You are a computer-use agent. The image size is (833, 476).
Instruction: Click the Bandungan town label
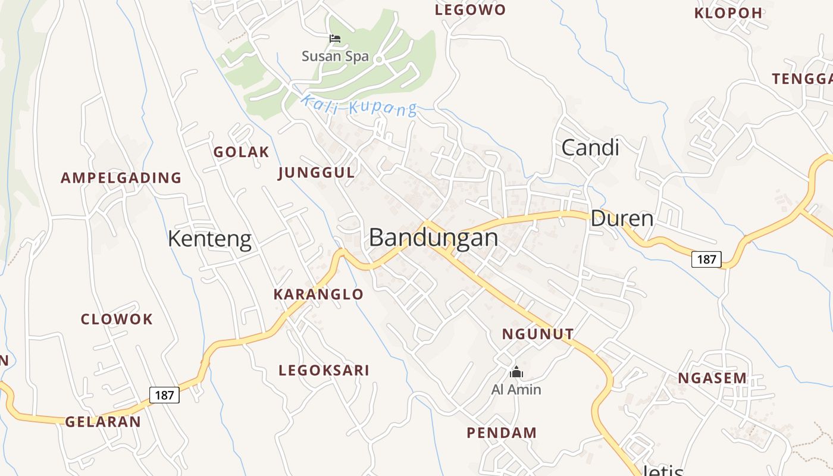tap(433, 237)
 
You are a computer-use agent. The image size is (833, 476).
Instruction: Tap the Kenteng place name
tap(209, 239)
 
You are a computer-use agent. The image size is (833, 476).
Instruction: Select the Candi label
tap(590, 148)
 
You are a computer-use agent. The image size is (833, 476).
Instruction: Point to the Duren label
tap(622, 219)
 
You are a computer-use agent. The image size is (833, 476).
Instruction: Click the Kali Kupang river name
tap(358, 106)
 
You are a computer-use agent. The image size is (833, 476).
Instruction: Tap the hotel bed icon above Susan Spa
tap(335, 39)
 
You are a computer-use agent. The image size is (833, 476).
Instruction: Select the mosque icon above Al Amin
tap(516, 372)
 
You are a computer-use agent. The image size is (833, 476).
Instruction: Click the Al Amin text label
tap(516, 390)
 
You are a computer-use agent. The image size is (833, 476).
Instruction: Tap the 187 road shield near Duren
tap(706, 259)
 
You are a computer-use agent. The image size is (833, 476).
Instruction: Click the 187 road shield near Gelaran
tap(164, 394)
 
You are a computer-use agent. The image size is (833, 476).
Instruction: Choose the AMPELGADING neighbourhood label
tap(121, 177)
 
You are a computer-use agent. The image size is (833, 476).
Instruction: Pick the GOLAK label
tap(241, 152)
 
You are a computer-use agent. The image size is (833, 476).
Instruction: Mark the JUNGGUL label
tap(316, 173)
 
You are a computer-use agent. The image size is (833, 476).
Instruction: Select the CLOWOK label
tap(117, 319)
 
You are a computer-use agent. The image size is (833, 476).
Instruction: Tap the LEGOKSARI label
tap(324, 370)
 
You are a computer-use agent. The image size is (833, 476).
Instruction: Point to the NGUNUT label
tap(538, 334)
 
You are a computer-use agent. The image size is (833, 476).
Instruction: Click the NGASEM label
tap(712, 378)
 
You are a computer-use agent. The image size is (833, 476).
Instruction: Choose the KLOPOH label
tap(728, 13)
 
